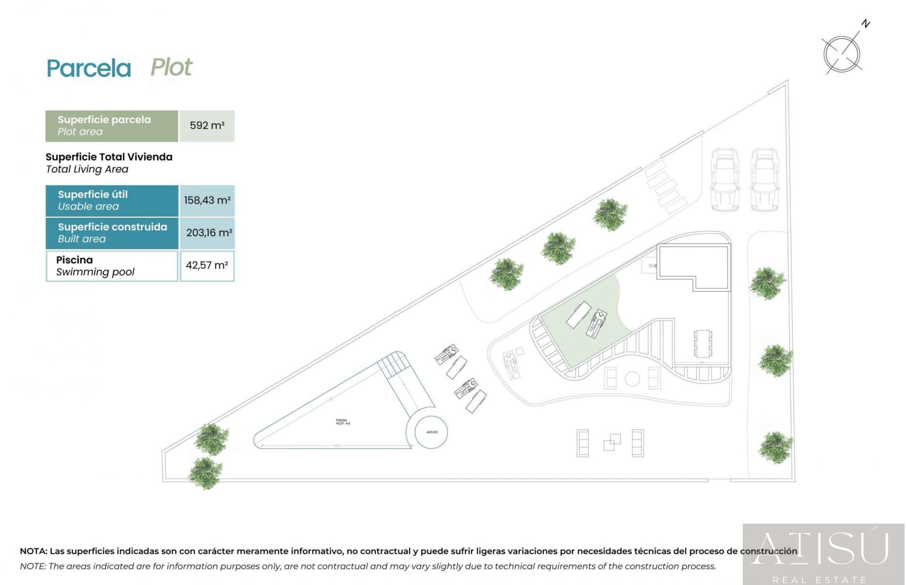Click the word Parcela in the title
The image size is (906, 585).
point(89,69)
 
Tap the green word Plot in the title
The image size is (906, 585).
point(171,68)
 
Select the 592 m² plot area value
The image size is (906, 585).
point(207,126)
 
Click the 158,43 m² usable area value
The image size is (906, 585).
point(207,200)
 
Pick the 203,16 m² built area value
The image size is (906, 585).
point(209,233)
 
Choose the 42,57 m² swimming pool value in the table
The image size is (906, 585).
point(207,265)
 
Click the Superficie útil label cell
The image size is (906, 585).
point(112,200)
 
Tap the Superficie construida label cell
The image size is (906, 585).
point(112,233)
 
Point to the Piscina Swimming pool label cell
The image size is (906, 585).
point(112,266)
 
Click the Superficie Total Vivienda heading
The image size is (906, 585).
point(109,157)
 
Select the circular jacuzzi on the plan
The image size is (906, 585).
point(431,432)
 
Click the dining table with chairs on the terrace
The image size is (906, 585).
point(703,344)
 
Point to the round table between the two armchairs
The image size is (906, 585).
point(632,378)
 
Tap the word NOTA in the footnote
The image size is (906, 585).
point(33,551)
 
